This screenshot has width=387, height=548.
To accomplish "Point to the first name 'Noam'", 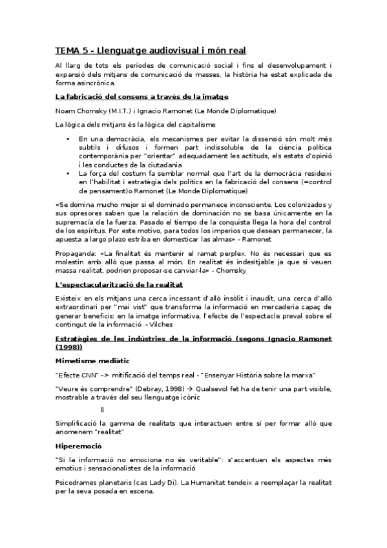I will click(65, 111).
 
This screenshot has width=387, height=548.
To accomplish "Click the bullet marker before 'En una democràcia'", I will click(68, 139).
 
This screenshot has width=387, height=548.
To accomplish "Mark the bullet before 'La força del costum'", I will click(68, 173).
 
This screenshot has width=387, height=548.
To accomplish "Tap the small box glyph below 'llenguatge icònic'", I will click(102, 410).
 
